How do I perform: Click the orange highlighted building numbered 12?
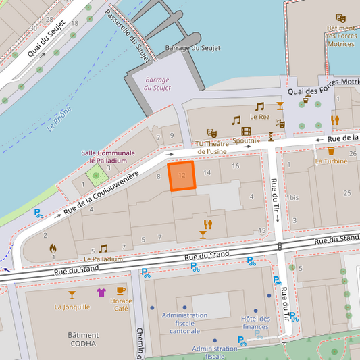pyautogui.click(x=181, y=176)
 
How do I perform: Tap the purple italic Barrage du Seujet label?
pyautogui.click(x=157, y=84)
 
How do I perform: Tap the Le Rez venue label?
pyautogui.click(x=259, y=117)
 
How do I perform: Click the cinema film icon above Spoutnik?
pyautogui.click(x=246, y=131)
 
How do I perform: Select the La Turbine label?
pyautogui.click(x=331, y=161)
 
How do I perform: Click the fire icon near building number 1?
pyautogui.click(x=53, y=248)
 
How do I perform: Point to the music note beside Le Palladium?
pyautogui.click(x=103, y=249)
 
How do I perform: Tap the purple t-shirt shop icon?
pyautogui.click(x=101, y=292)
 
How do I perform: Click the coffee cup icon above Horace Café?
pyautogui.click(x=121, y=291)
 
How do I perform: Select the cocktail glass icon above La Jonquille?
pyautogui.click(x=72, y=294)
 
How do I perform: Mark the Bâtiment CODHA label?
pyautogui.click(x=83, y=339)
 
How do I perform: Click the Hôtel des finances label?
pyautogui.click(x=255, y=323)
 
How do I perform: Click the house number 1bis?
pyautogui.click(x=292, y=197)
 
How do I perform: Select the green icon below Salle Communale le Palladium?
pyautogui.click(x=97, y=176)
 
